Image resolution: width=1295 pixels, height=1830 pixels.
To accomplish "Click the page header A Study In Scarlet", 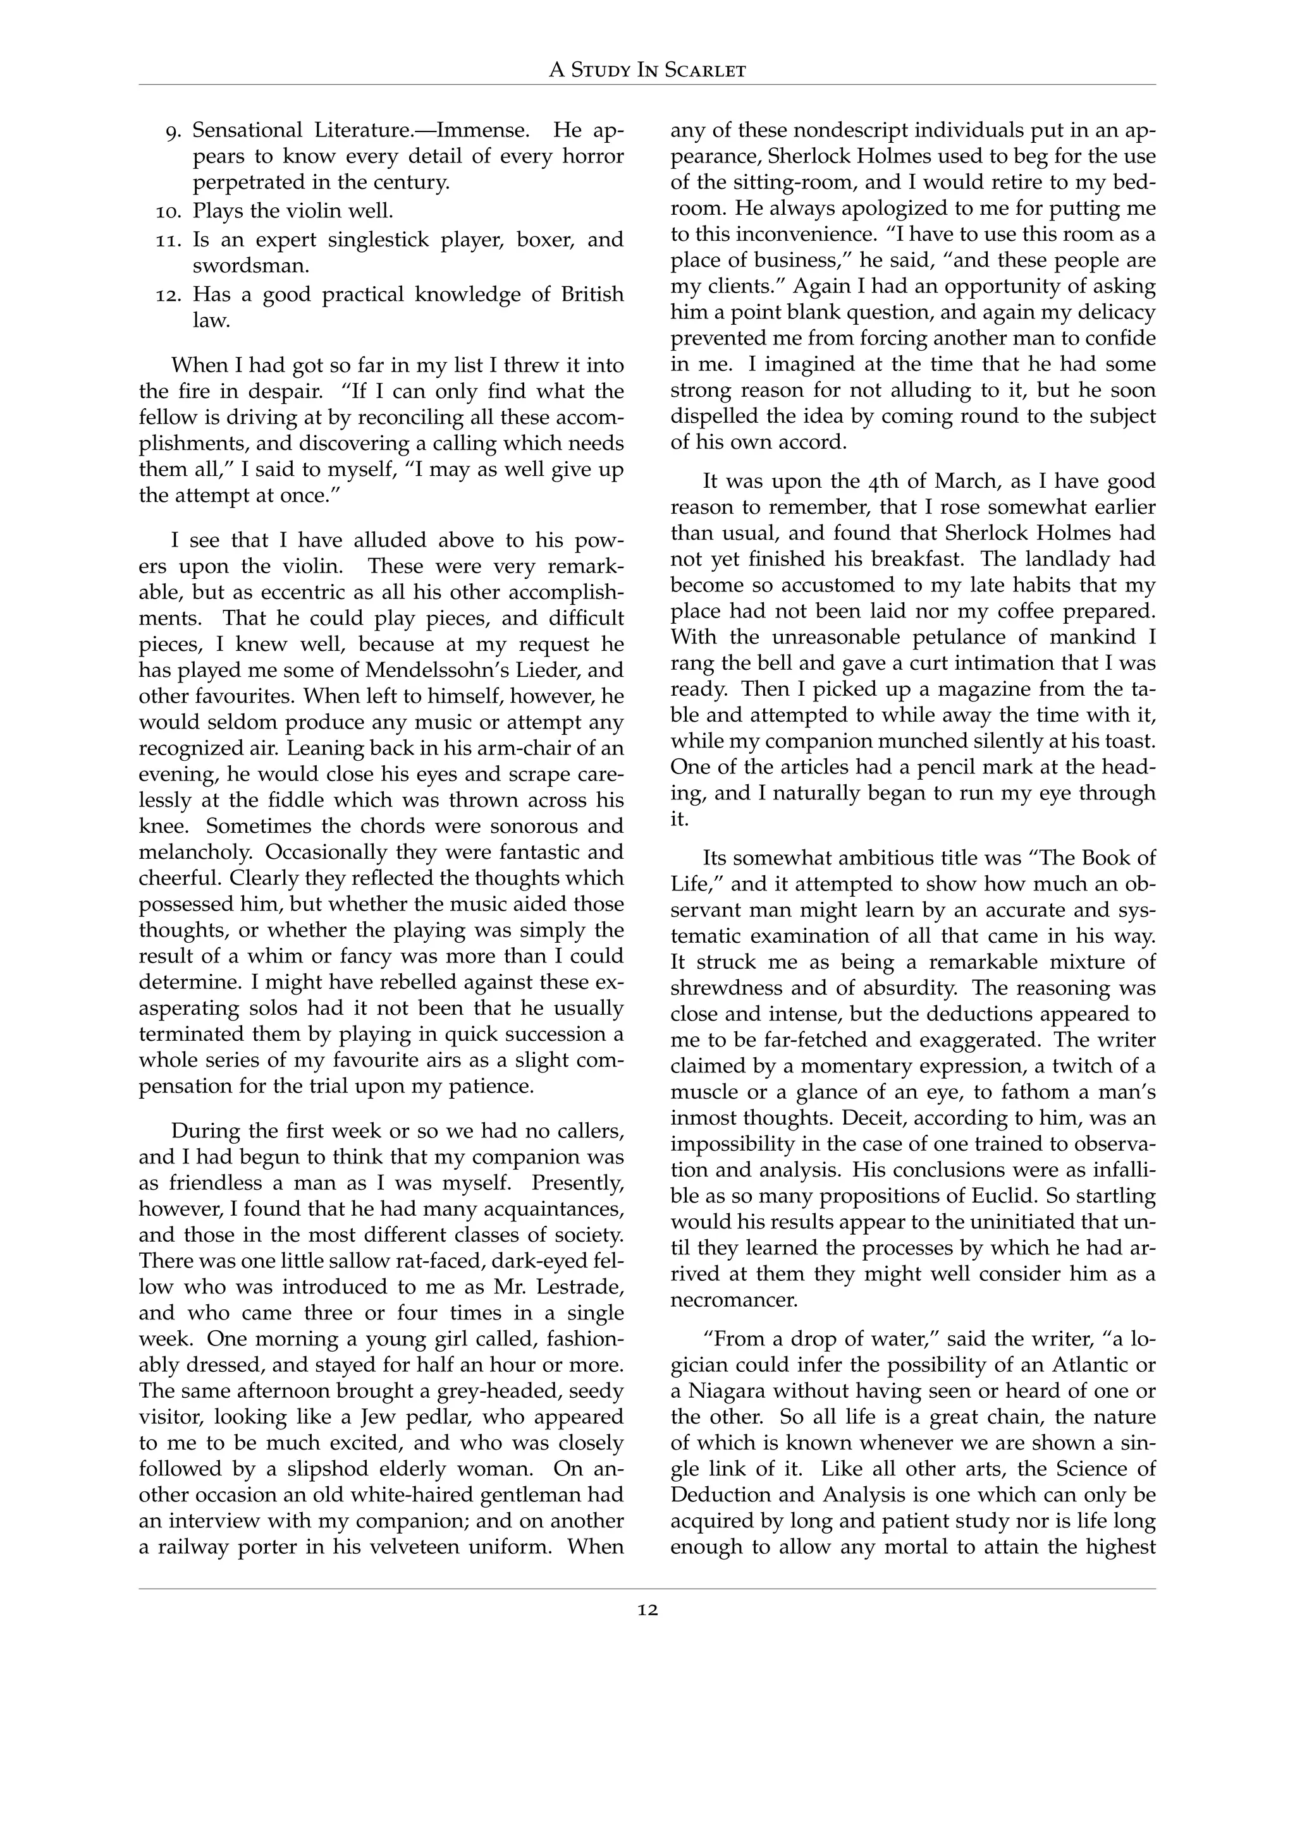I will click(x=647, y=70).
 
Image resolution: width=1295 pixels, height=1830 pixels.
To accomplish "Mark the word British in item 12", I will click(x=592, y=295).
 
